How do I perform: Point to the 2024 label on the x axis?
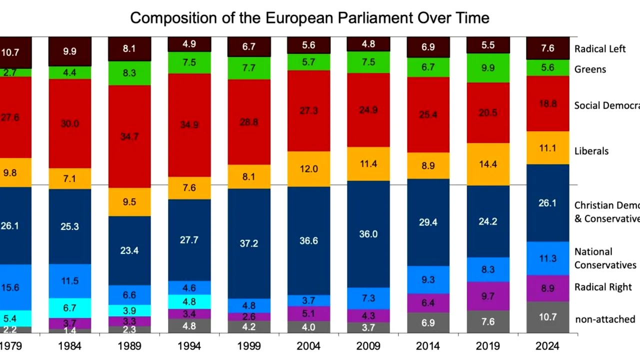click(548, 346)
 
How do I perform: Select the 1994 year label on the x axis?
click(189, 346)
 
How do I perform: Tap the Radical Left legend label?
click(599, 49)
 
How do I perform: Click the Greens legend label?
click(590, 69)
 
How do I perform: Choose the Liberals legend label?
click(591, 151)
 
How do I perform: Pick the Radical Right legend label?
click(603, 287)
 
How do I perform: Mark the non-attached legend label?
click(605, 319)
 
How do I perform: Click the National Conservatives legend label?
click(605, 258)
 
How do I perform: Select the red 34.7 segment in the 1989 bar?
click(129, 136)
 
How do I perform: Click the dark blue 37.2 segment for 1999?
click(249, 243)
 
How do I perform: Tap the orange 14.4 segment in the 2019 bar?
click(488, 164)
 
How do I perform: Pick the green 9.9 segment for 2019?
click(488, 68)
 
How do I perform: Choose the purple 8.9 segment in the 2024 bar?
click(548, 288)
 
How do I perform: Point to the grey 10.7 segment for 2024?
click(548, 317)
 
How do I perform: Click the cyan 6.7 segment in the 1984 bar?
click(70, 307)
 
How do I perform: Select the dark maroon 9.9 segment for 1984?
click(70, 51)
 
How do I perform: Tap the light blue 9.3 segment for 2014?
click(428, 279)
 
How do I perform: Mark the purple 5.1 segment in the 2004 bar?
click(308, 313)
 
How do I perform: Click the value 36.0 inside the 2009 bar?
click(368, 234)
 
